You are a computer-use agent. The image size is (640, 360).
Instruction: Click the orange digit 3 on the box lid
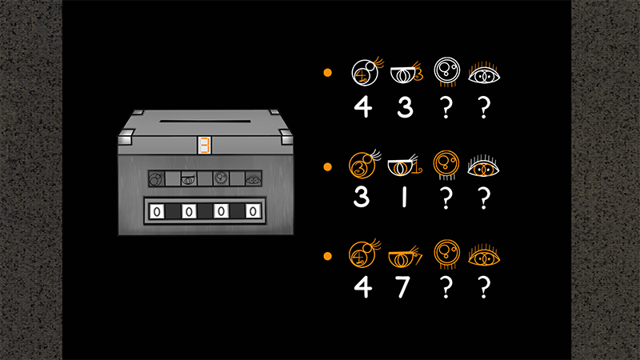point(205,145)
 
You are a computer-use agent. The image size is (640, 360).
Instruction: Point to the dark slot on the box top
point(205,121)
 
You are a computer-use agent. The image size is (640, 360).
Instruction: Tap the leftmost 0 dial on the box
point(157,211)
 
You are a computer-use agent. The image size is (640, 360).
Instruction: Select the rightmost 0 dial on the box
point(253,211)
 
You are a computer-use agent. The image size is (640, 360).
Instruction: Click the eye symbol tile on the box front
point(253,178)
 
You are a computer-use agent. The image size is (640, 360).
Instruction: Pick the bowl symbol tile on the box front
point(189,178)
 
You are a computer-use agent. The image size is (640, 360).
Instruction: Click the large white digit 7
point(403,287)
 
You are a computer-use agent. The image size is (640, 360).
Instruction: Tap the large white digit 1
point(404,197)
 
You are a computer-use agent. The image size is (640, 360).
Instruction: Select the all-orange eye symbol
point(484,255)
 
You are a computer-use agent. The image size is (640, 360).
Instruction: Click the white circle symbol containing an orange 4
point(367,71)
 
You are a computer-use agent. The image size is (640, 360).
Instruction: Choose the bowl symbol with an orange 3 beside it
point(407,73)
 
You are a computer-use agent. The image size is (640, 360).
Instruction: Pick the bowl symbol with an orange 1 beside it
point(405,166)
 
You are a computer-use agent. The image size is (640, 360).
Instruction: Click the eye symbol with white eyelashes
point(483,166)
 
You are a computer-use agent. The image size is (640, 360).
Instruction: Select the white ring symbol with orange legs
point(447,72)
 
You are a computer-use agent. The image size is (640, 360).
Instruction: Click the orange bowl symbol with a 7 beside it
point(406,257)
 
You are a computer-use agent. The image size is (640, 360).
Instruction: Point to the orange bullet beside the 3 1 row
point(327,166)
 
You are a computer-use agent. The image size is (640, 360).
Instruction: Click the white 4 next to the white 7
point(363,287)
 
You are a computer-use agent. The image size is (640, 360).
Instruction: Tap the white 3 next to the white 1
point(362,197)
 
